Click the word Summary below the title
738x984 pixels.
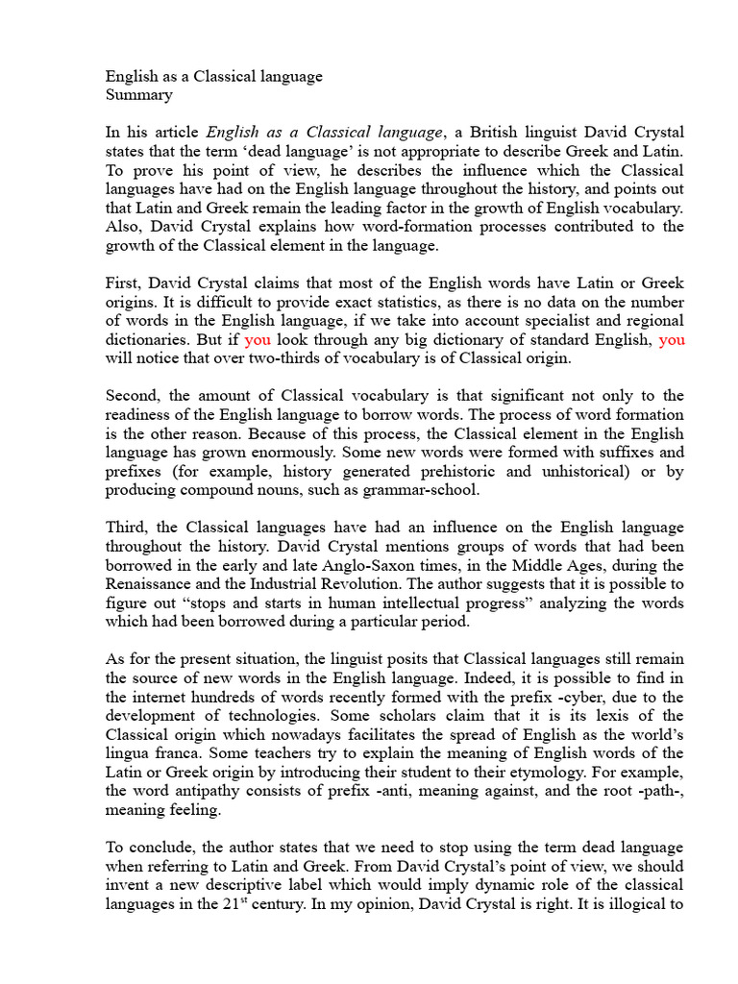(x=138, y=95)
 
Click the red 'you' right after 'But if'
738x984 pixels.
(x=258, y=339)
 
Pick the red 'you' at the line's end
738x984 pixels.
(x=672, y=339)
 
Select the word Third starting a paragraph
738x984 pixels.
(x=127, y=528)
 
